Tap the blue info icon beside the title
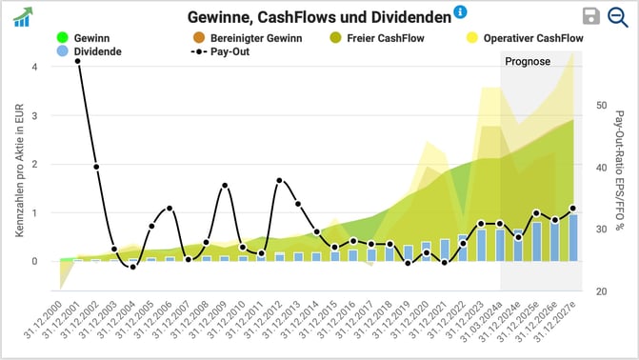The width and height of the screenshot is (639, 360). coord(461,12)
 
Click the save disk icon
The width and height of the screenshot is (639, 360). coord(591,16)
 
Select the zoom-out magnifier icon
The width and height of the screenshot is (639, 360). coord(618,16)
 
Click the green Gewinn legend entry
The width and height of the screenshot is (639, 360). coord(85,38)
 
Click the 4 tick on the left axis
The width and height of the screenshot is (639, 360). coord(35,68)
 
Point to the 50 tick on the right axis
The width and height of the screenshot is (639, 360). coord(603,105)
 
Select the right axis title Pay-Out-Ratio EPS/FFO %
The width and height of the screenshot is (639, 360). coord(620,171)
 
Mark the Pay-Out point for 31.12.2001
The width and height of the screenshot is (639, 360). coord(77,60)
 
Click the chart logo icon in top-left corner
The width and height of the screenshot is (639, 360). coord(22,17)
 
